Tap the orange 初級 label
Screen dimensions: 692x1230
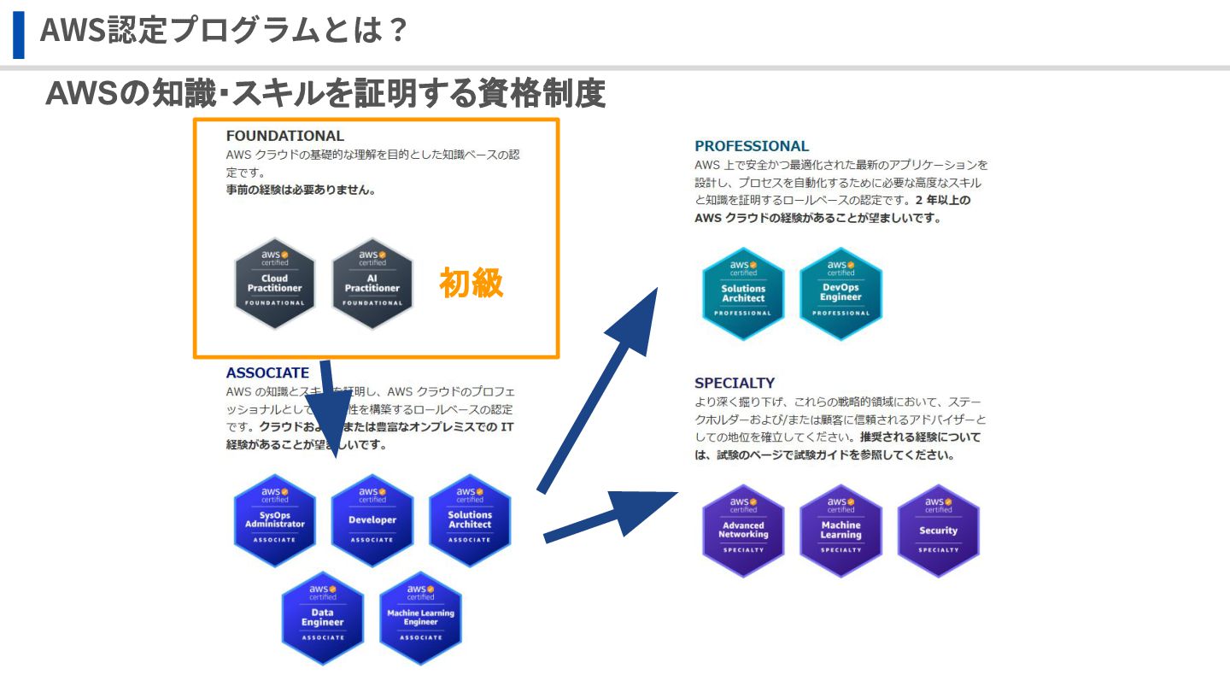471,283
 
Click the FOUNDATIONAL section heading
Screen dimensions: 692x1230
284,136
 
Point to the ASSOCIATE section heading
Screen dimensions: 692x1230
267,372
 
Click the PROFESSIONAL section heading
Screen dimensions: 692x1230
752,146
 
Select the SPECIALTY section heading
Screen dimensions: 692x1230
735,383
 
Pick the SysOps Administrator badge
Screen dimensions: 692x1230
275,520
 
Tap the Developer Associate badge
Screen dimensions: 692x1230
372,520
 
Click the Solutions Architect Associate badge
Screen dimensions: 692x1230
470,520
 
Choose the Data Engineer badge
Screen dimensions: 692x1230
323,618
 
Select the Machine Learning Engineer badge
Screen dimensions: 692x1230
420,618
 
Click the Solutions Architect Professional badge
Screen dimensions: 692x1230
743,294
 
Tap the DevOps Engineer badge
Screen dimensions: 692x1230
840,294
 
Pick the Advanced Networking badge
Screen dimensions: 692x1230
743,531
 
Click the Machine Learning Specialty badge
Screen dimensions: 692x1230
840,531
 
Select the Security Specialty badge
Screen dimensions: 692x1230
938,531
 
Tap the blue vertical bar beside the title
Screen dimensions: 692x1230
19,34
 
